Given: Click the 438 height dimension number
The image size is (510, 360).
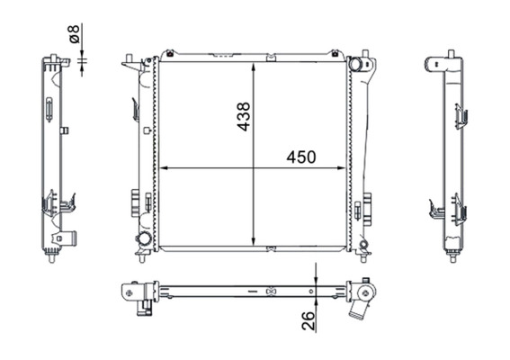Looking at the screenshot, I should pyautogui.click(x=243, y=116).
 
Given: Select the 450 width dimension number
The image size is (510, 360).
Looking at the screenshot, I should pyautogui.click(x=301, y=157).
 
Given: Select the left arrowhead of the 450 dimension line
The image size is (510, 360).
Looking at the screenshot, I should pyautogui.click(x=163, y=167).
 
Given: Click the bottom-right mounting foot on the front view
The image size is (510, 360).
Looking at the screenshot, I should pyautogui.click(x=363, y=254).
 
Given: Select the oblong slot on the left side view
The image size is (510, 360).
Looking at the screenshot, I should pyautogui.click(x=47, y=109).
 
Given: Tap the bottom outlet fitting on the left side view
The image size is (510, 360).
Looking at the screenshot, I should pyautogui.click(x=65, y=238).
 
